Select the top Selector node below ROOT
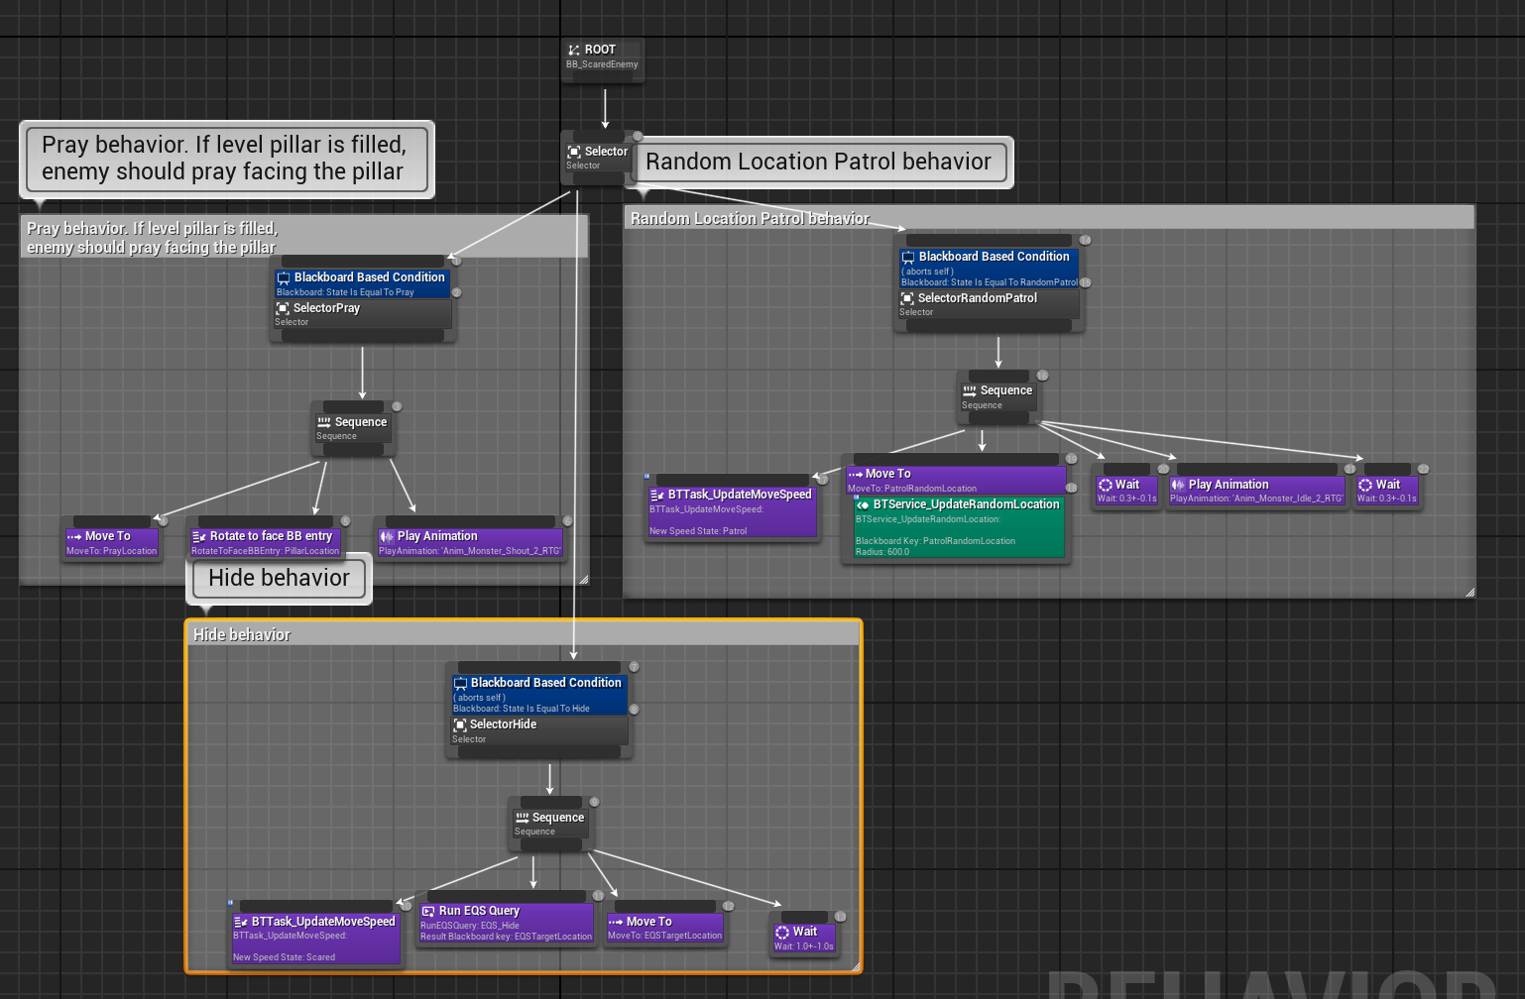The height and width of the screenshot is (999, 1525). (x=597, y=158)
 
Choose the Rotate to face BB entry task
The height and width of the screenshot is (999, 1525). (x=266, y=542)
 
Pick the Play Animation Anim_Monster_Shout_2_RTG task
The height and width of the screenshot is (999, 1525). (x=470, y=542)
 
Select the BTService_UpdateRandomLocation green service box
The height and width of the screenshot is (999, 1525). (x=958, y=526)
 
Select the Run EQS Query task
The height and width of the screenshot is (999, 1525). (x=506, y=923)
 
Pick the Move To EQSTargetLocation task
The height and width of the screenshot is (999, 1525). (x=665, y=928)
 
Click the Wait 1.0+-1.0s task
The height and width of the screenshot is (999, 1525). (x=804, y=938)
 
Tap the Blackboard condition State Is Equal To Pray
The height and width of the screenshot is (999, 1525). (x=362, y=283)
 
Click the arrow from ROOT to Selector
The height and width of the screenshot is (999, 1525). (x=605, y=108)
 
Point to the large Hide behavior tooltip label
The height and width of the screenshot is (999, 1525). (x=279, y=578)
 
